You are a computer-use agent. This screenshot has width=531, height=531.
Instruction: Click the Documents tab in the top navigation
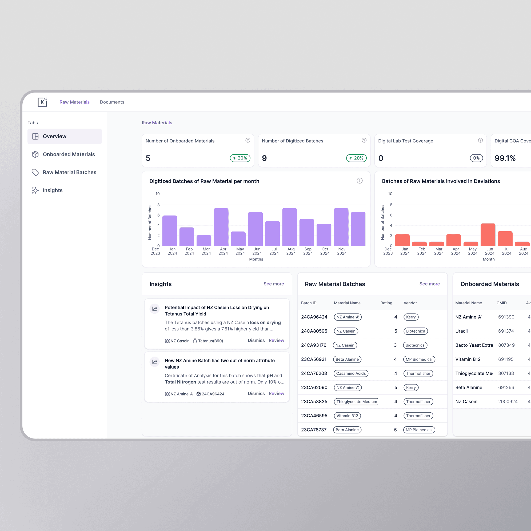(112, 102)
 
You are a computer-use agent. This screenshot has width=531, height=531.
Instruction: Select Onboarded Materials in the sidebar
(69, 154)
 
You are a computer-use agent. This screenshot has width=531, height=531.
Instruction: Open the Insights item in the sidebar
(53, 190)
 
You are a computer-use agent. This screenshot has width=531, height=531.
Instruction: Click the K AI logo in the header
(42, 102)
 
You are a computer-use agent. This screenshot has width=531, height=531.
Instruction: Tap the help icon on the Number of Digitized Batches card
(364, 141)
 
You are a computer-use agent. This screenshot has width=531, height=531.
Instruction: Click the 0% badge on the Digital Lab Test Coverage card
(476, 158)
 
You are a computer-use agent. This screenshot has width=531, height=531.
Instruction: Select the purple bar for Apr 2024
(221, 227)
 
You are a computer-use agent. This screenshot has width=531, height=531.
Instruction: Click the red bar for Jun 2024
(488, 235)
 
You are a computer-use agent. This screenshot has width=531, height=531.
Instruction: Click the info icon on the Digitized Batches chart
(359, 181)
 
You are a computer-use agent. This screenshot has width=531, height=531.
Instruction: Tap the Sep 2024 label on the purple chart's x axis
(308, 251)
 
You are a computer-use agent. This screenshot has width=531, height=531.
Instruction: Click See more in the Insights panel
(273, 284)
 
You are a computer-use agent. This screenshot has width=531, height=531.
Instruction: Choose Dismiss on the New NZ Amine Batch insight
(256, 393)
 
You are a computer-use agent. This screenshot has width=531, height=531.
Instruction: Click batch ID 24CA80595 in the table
(314, 331)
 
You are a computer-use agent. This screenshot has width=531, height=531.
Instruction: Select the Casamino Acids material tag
(350, 373)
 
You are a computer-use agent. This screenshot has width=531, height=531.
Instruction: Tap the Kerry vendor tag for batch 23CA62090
(411, 387)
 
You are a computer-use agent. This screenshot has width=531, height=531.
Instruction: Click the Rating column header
(386, 303)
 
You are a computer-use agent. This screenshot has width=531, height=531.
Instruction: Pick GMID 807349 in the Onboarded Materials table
(506, 345)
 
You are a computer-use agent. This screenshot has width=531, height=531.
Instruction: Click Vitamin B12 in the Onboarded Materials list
(468, 359)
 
